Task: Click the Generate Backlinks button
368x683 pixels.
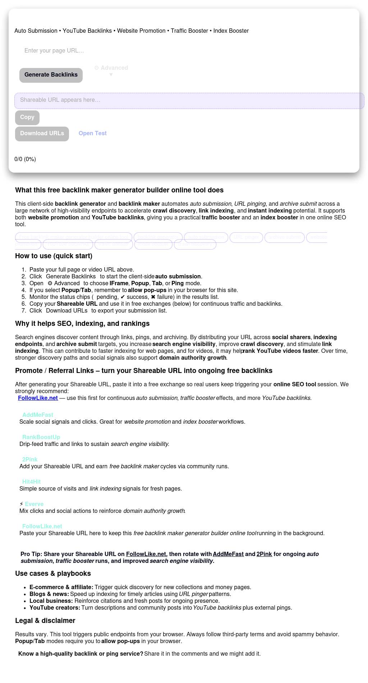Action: [x=51, y=75]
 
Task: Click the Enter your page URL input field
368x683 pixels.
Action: [x=108, y=51]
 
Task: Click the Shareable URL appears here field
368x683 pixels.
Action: [x=189, y=100]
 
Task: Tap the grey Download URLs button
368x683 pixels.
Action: [x=42, y=133]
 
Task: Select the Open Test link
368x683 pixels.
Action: [x=93, y=133]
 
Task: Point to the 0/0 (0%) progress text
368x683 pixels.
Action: [x=25, y=159]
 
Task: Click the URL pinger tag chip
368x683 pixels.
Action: [x=246, y=237]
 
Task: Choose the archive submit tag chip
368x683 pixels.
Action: [x=284, y=237]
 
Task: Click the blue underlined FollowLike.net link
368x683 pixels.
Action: [x=38, y=398]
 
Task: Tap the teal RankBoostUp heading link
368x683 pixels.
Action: [x=41, y=437]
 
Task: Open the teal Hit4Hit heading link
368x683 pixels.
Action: [x=31, y=482]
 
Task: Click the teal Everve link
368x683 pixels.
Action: [x=34, y=504]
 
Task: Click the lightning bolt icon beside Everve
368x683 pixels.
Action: [x=21, y=504]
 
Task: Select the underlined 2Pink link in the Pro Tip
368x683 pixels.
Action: [x=264, y=554]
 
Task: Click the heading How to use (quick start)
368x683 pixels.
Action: [x=54, y=256]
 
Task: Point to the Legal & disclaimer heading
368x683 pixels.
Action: [x=45, y=621]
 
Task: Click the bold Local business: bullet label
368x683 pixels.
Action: [x=51, y=601]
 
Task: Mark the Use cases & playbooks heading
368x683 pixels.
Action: [x=53, y=574]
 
